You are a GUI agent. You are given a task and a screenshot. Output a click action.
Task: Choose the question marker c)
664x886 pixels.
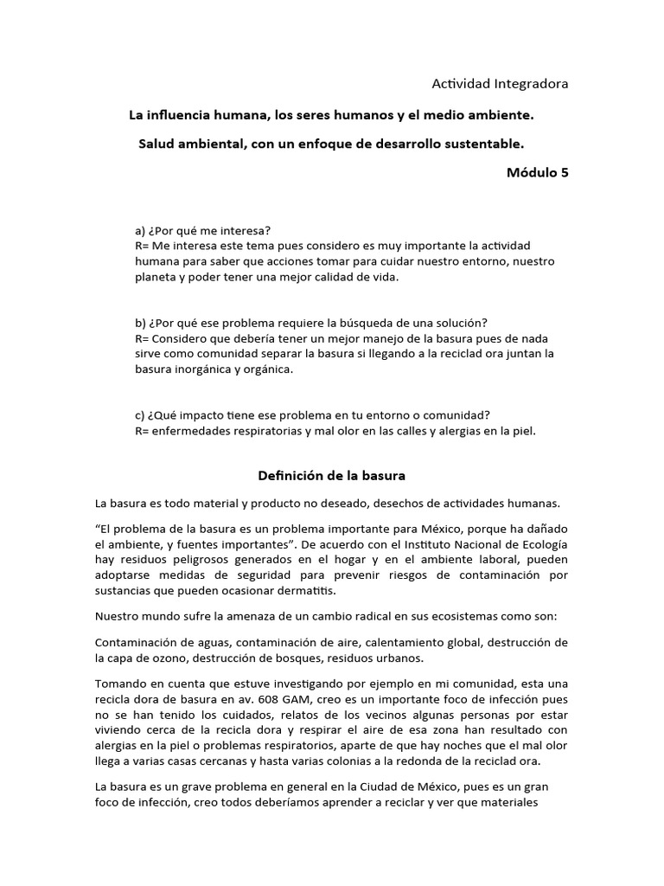pos(140,414)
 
